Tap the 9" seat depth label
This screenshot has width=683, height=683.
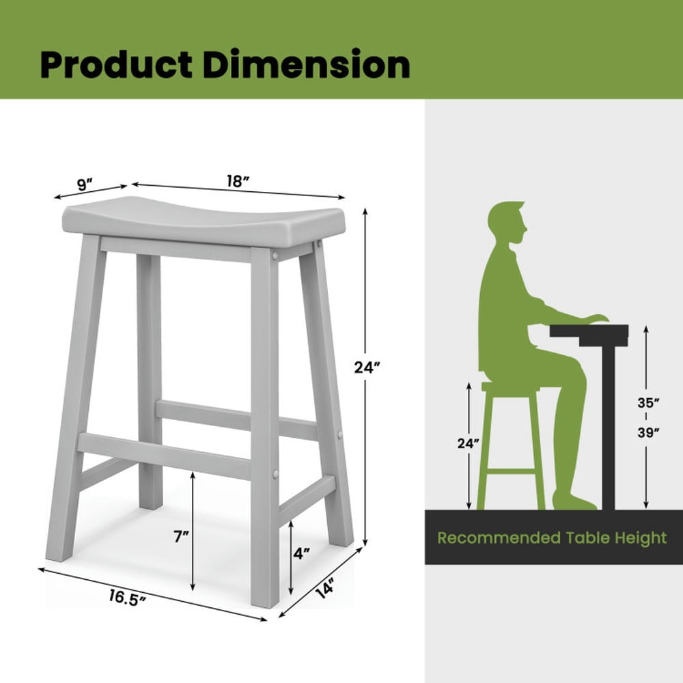coord(85,184)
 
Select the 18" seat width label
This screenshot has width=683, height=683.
coord(237,182)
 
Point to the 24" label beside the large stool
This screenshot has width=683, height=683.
coord(367,368)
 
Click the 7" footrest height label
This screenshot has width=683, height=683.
coord(181,537)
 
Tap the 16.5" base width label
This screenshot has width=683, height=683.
coord(128,598)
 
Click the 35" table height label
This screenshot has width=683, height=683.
coord(648,403)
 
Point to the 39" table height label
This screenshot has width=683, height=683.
coord(648,432)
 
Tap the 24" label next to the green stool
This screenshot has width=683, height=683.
coord(469,443)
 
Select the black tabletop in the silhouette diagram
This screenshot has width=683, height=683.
coord(589,332)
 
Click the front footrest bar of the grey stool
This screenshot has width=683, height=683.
coord(164,455)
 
